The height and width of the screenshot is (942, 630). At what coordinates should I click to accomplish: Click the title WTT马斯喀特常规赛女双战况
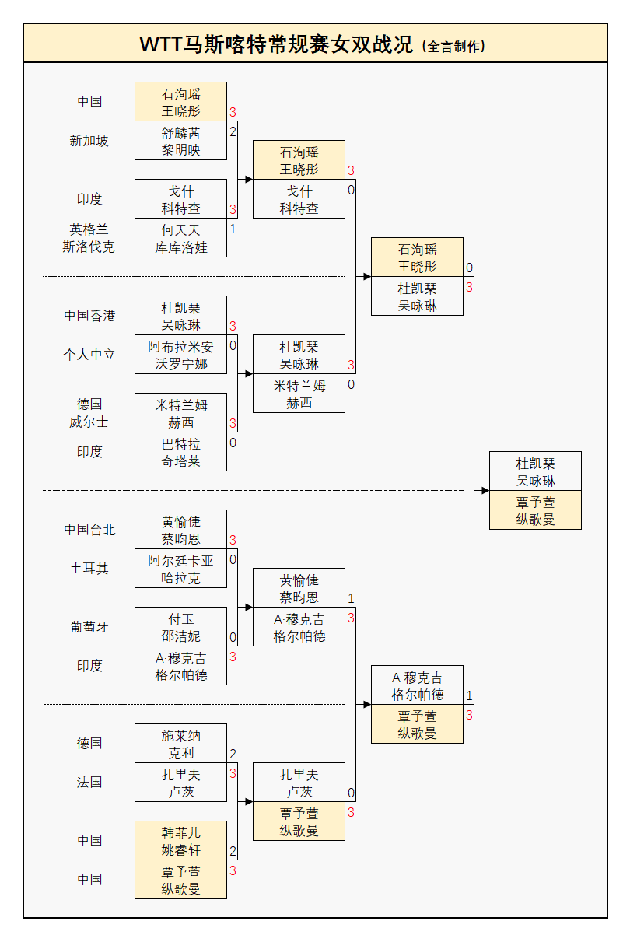(276, 44)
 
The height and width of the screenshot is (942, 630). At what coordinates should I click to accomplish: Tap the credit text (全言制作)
(453, 47)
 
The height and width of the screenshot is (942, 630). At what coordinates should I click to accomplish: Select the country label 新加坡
(89, 141)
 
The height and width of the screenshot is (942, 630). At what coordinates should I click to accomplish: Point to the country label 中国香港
(89, 316)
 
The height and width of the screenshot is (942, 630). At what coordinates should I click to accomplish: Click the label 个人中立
(89, 355)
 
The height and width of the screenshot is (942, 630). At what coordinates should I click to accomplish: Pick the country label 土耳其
(89, 569)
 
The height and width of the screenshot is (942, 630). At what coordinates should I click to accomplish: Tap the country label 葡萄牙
(89, 627)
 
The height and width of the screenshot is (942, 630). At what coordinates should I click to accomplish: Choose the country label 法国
(89, 783)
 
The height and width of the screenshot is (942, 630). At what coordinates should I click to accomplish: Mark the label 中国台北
(89, 530)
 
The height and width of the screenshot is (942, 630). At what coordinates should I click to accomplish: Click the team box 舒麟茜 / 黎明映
(180, 141)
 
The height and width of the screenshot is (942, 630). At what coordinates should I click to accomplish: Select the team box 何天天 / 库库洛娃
(180, 238)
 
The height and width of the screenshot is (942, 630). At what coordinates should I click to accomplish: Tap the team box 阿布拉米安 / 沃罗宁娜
(180, 355)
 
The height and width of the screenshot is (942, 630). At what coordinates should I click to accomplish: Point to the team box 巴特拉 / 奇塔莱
(180, 452)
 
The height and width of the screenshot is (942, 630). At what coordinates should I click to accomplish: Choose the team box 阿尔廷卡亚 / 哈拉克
(180, 569)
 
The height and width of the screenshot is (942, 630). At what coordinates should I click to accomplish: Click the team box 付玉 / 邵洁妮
(180, 627)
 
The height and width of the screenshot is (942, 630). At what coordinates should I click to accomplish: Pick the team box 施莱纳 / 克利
(180, 744)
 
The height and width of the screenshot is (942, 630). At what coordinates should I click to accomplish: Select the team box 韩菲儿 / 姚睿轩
(180, 841)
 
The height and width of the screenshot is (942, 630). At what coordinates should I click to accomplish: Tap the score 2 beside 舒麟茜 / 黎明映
(233, 131)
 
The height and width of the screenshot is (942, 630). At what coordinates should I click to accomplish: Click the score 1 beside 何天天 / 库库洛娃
(233, 229)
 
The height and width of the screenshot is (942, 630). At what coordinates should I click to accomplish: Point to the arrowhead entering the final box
(485, 491)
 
